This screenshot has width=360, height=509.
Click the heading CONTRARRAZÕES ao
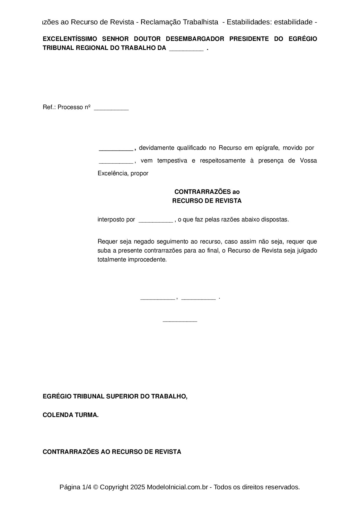click(x=207, y=192)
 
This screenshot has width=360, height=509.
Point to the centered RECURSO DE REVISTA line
click(x=207, y=201)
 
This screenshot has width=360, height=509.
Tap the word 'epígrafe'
click(x=267, y=148)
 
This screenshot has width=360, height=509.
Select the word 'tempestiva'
click(x=172, y=161)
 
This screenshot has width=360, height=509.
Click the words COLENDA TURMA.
click(x=71, y=415)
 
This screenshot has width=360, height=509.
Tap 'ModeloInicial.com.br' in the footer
click(x=177, y=487)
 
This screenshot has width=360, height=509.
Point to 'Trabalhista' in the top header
click(x=201, y=22)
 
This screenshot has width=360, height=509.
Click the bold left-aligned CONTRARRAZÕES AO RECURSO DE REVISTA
click(x=112, y=452)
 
